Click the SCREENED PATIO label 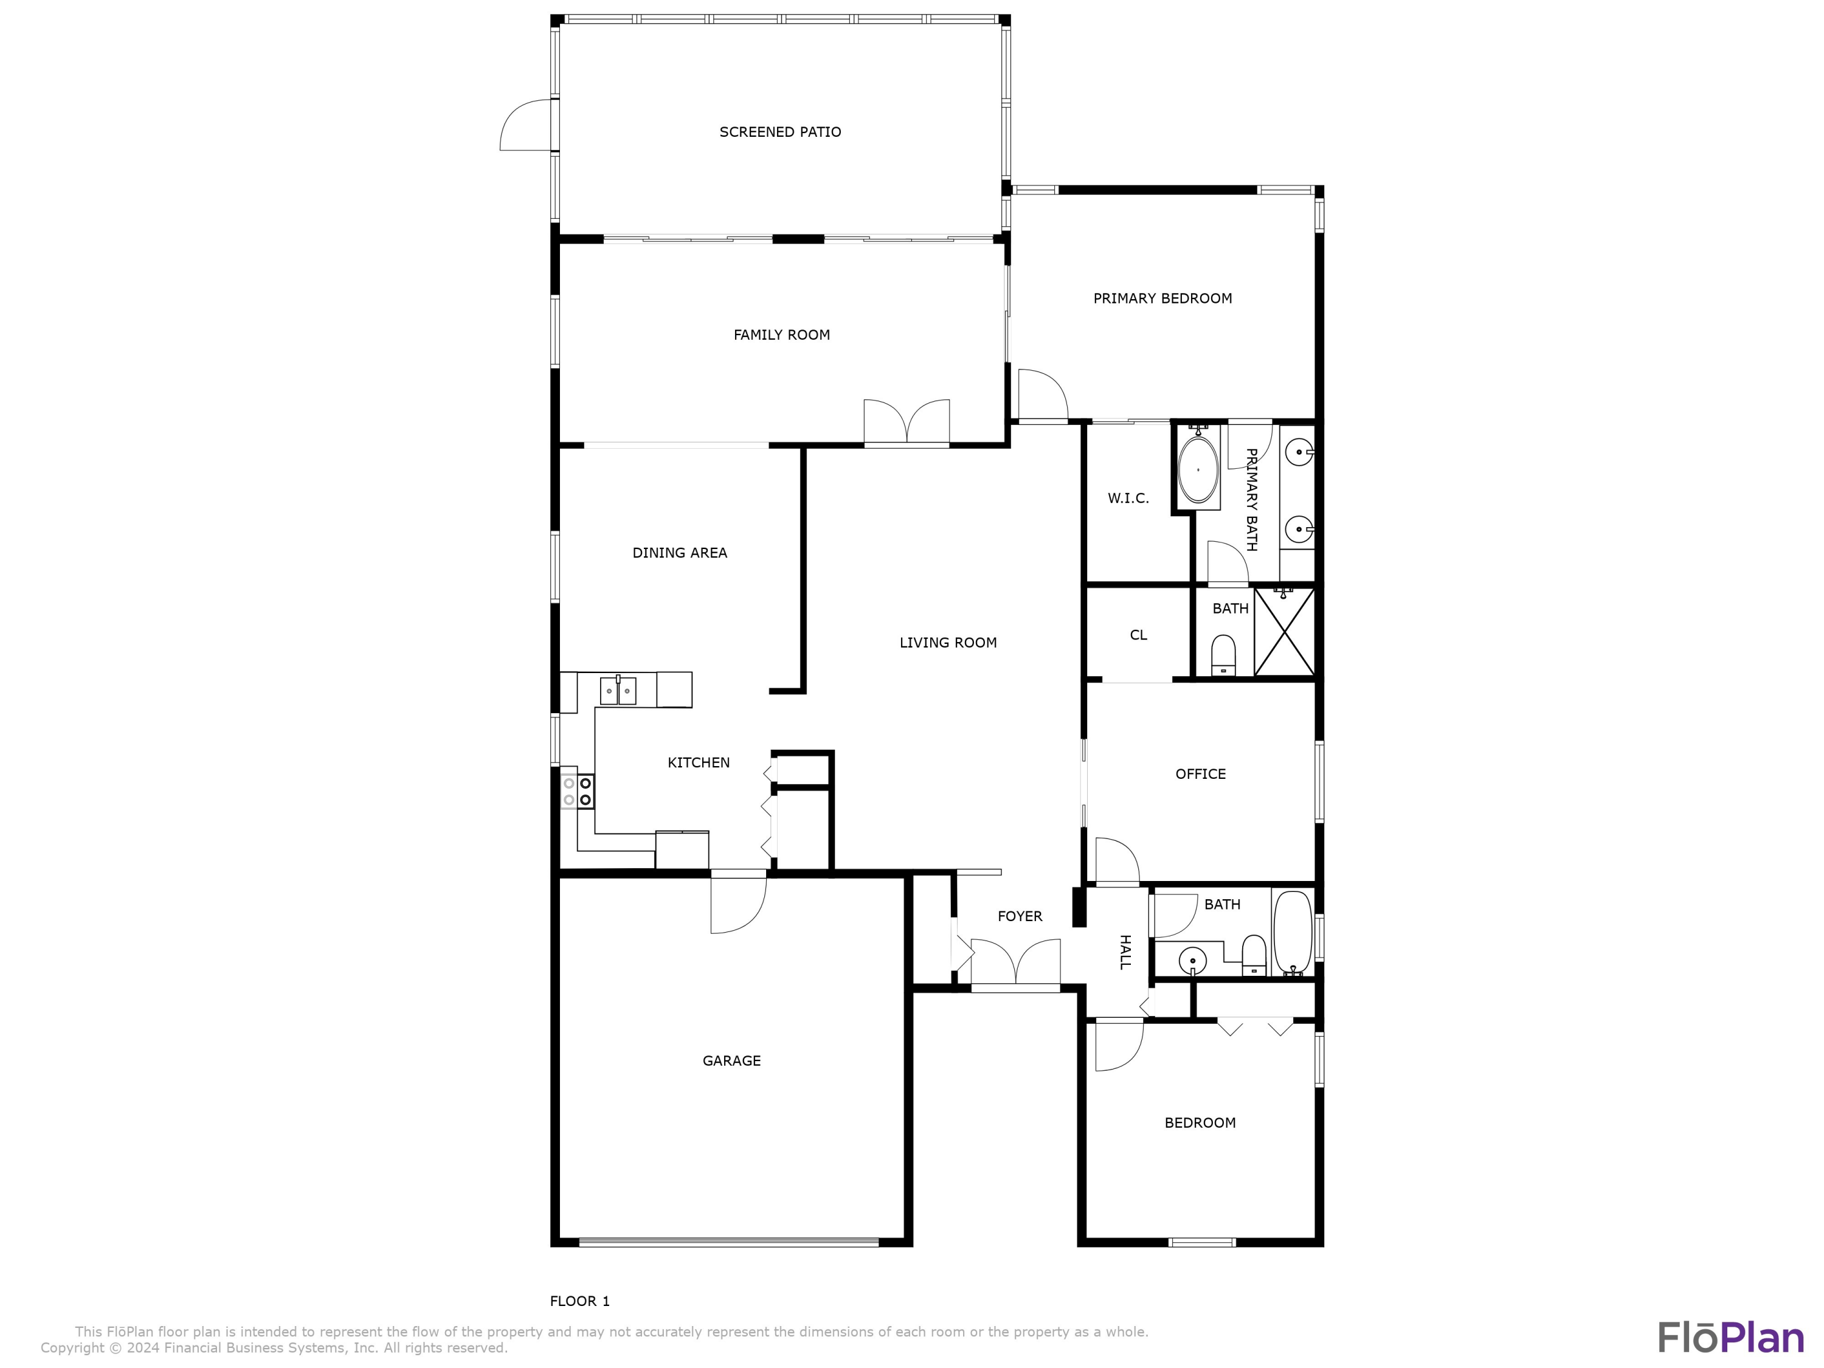point(780,132)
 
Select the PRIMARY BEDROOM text point(1162,299)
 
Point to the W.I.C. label point(1128,498)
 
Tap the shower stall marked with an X point(1284,632)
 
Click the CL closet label point(1138,635)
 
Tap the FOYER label point(1020,916)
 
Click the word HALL point(1125,952)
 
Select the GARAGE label point(731,1060)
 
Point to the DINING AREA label point(680,553)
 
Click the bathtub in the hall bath point(1292,933)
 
